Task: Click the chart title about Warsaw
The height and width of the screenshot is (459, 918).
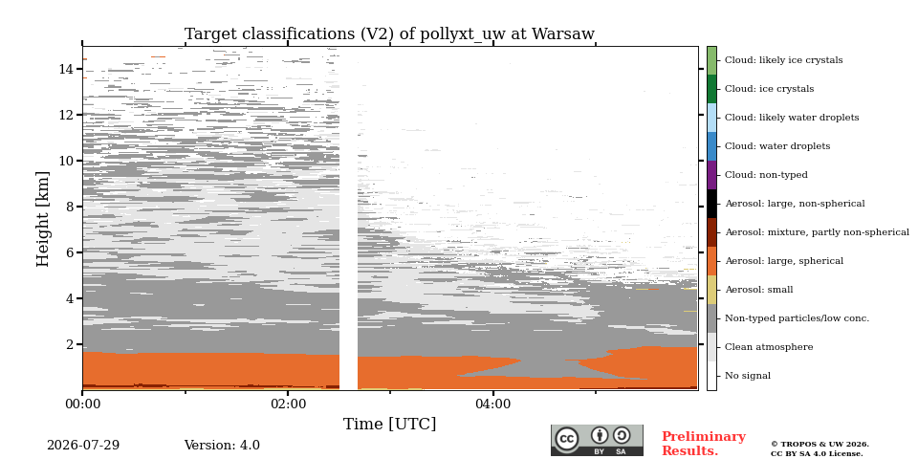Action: tap(389, 34)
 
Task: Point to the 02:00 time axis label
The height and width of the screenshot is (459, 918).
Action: tap(288, 404)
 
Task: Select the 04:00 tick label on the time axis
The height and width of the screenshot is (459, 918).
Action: tap(493, 404)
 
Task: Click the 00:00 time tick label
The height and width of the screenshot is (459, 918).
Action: tap(82, 404)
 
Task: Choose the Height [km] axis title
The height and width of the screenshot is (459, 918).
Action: tap(43, 219)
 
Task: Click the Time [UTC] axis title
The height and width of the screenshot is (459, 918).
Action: tap(390, 424)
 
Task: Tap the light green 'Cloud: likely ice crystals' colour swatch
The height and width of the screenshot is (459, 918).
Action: tap(711, 60)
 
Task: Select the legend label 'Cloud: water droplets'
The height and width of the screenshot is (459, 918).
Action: tap(777, 146)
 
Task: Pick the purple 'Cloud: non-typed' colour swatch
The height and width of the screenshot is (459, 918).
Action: tap(711, 175)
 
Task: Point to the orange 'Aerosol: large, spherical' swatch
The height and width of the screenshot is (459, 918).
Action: tap(711, 261)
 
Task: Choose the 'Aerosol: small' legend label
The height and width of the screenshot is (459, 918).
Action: tap(759, 290)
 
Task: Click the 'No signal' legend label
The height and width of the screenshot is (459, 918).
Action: tap(748, 376)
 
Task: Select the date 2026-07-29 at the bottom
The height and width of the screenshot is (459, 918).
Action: tap(83, 445)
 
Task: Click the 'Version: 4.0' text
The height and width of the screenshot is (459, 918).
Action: tap(222, 445)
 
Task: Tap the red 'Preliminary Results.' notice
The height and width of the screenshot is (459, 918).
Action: tap(704, 444)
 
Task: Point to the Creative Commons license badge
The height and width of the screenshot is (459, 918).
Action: tap(597, 440)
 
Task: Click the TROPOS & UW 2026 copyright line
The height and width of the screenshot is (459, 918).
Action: tap(820, 445)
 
